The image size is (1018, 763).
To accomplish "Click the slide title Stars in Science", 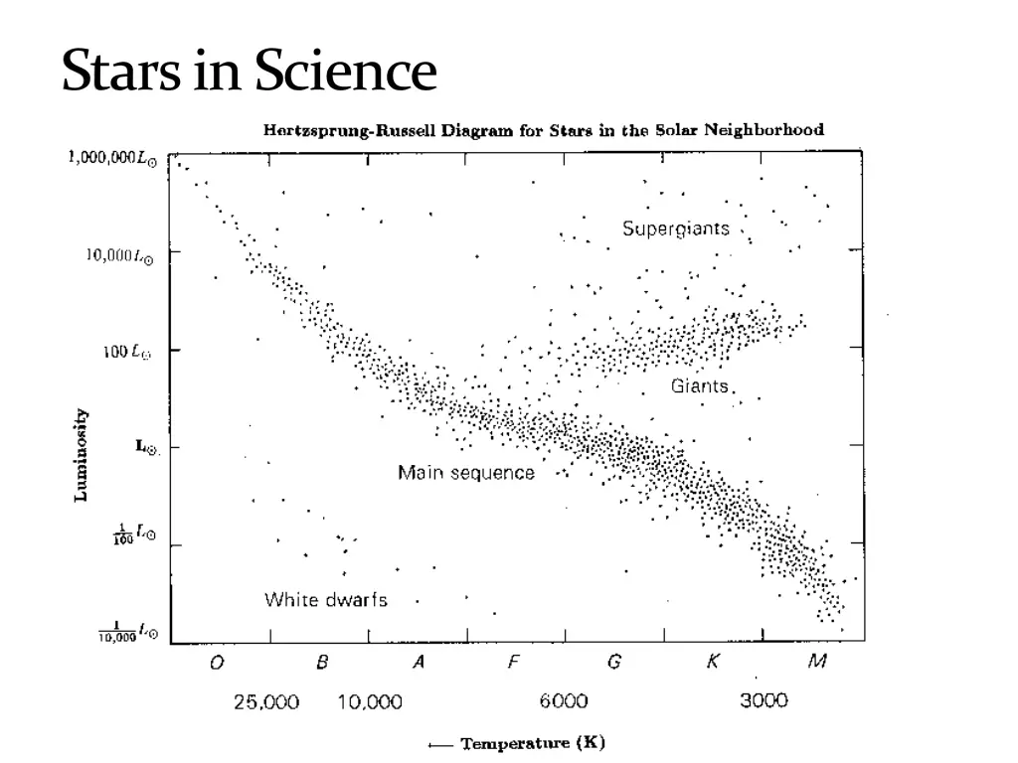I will coord(249,72).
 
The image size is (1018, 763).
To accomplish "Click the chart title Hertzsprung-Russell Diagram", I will coord(543,130).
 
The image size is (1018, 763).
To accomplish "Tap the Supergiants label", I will coord(675,229).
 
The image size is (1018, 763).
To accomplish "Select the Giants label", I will coord(700,385).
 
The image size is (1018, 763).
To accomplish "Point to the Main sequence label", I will coord(465,473).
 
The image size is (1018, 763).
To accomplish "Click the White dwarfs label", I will coord(325,600).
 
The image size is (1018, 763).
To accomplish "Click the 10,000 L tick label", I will coord(118,255).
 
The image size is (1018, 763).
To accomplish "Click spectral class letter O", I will coord(217,664).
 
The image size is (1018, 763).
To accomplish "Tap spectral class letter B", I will coord(322,664).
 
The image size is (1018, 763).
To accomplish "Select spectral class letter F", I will coord(513,664).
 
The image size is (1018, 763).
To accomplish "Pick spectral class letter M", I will coord(816,664).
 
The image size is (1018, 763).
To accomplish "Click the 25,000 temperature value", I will coord(265,702).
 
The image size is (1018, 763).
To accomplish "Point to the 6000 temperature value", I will coord(564,701).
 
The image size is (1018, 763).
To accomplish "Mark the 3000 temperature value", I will coord(763,700).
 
